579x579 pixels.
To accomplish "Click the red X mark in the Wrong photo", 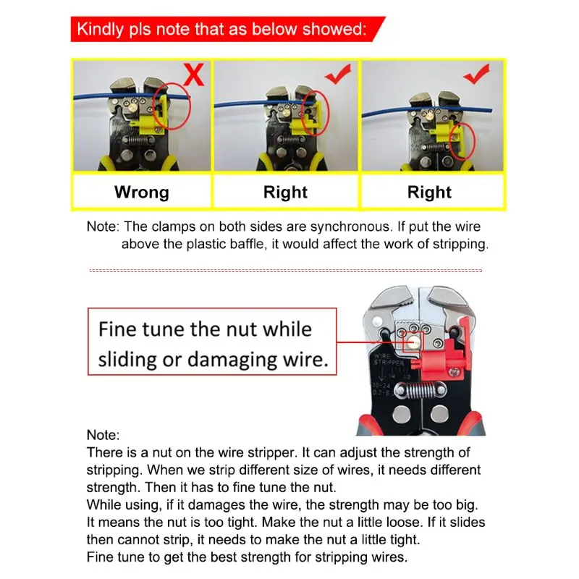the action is (x=194, y=75).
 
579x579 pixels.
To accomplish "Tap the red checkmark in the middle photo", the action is (x=338, y=74).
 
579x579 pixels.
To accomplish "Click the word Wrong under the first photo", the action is (x=142, y=192).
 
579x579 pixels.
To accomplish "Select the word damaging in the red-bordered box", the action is (x=232, y=359).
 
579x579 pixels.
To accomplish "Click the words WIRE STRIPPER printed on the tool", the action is (x=389, y=360).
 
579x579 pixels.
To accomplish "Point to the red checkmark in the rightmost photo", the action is (x=477, y=74).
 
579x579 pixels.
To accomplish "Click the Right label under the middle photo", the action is (x=285, y=192).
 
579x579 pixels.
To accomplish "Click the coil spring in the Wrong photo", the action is (x=138, y=140).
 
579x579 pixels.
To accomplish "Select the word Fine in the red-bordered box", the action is (x=117, y=329).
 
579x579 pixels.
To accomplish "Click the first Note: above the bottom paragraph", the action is (x=103, y=435).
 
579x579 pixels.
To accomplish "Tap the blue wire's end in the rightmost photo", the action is (x=491, y=110).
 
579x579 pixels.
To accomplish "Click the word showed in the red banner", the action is (x=334, y=29).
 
